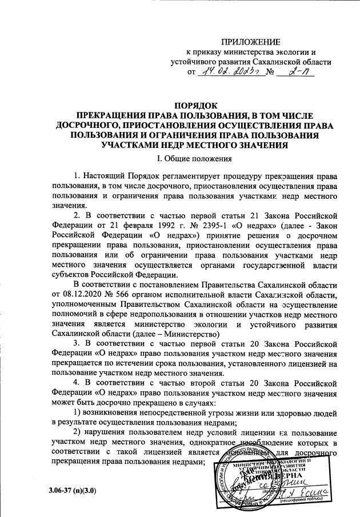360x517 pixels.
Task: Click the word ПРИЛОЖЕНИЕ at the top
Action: pos(252,42)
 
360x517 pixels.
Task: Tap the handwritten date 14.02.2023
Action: pos(228,73)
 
